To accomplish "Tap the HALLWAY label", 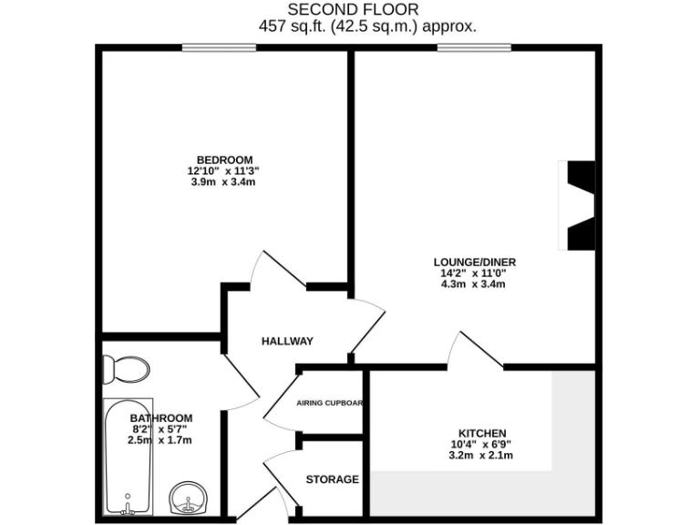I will click(x=287, y=341).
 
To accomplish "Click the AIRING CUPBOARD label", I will click(x=330, y=403).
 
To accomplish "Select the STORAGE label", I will click(x=332, y=479).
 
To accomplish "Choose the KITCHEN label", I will click(x=481, y=433).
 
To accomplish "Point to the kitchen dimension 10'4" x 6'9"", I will click(x=481, y=444).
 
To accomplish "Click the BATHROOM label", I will click(x=160, y=418).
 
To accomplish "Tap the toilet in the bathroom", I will click(x=126, y=369).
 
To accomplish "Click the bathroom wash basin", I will click(x=190, y=499).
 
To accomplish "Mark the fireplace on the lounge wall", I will click(x=578, y=204).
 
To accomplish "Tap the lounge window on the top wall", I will click(x=473, y=47).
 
